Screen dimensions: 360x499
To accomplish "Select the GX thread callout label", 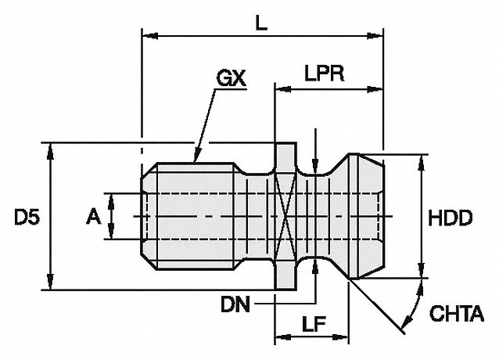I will pyautogui.click(x=230, y=79).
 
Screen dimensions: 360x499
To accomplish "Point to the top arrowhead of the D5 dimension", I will pyautogui.click(x=52, y=149).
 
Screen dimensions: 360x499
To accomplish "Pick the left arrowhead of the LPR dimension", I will pyautogui.click(x=279, y=88).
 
